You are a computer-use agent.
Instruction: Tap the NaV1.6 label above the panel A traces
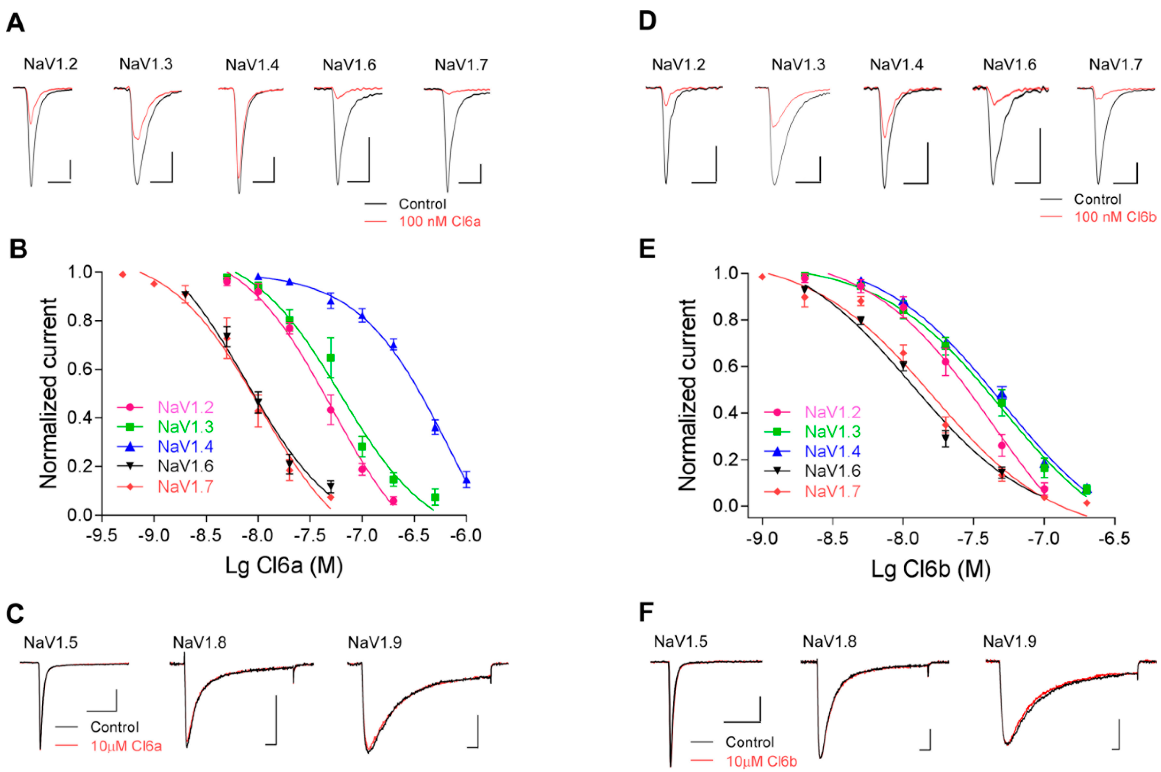coord(349,65)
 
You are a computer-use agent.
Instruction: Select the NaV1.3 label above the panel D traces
coord(798,65)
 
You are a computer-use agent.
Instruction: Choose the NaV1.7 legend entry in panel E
coord(833,491)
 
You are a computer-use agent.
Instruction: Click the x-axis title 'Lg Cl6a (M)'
coord(284,566)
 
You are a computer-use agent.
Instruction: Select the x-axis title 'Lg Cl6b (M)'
coord(931,569)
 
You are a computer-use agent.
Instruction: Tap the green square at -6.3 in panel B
coord(435,497)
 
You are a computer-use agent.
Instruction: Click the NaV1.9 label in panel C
coord(375,642)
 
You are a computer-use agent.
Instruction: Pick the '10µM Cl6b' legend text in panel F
coord(761,761)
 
